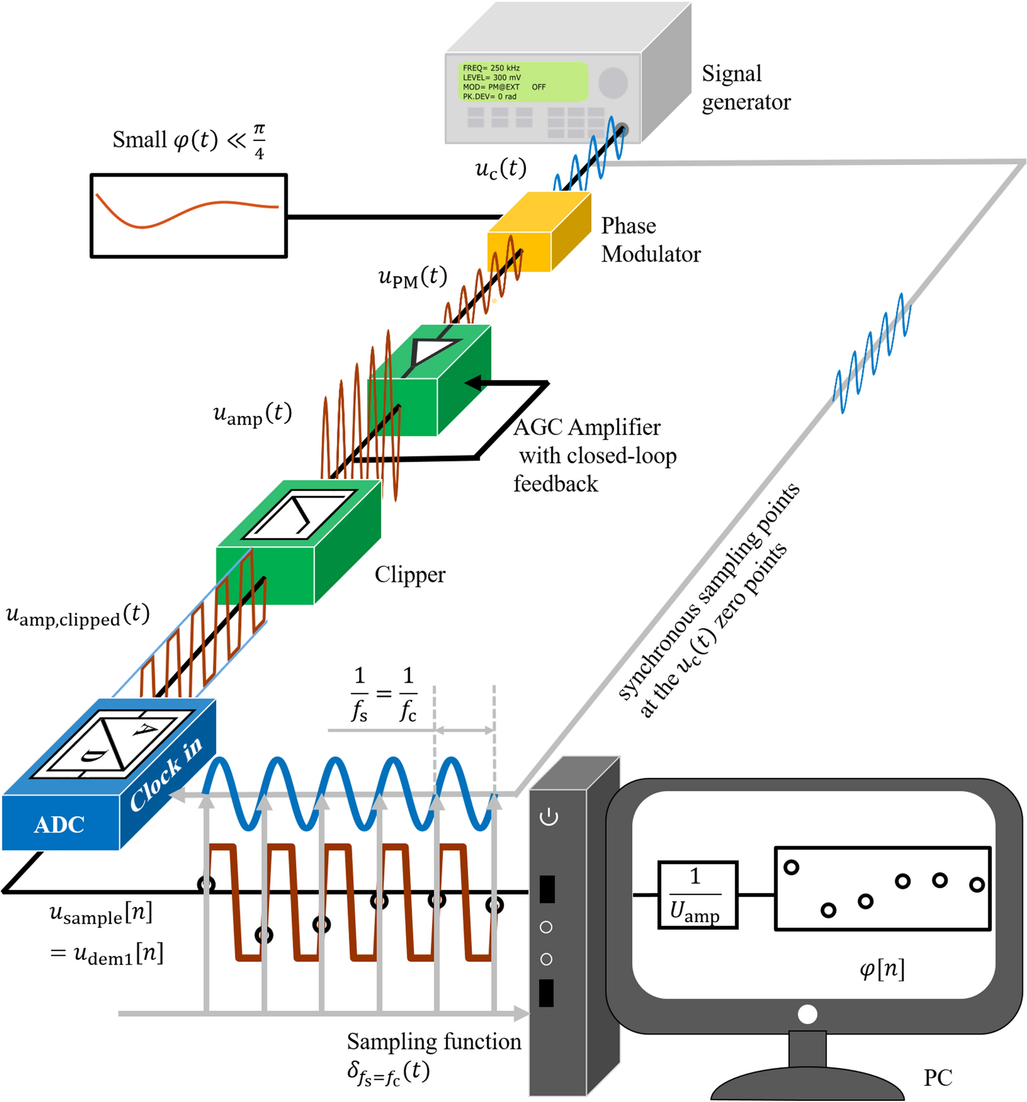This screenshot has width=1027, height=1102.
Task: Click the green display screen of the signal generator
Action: click(x=521, y=82)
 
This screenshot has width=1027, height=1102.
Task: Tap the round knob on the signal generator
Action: click(x=613, y=82)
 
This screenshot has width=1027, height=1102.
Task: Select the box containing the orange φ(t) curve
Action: click(x=188, y=216)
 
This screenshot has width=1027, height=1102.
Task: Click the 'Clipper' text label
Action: click(x=410, y=575)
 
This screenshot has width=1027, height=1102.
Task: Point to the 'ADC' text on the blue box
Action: click(x=59, y=824)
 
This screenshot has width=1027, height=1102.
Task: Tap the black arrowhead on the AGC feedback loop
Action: click(x=473, y=383)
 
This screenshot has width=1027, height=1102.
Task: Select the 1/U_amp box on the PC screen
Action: click(x=697, y=895)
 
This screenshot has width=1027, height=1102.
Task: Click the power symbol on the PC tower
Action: click(x=548, y=817)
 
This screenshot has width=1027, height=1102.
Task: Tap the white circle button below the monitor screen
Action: click(x=807, y=1014)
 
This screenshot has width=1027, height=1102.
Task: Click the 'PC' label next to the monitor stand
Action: click(x=937, y=1078)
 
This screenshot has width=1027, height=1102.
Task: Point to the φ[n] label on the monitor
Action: click(x=882, y=969)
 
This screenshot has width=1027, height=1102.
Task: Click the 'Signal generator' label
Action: click(x=745, y=87)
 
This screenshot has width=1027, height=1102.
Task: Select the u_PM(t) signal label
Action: click(x=412, y=277)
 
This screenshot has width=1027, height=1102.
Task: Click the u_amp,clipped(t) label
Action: click(x=77, y=615)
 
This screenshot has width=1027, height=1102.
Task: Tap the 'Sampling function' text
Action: click(x=434, y=1041)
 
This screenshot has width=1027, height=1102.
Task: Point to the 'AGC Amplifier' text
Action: click(x=586, y=427)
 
